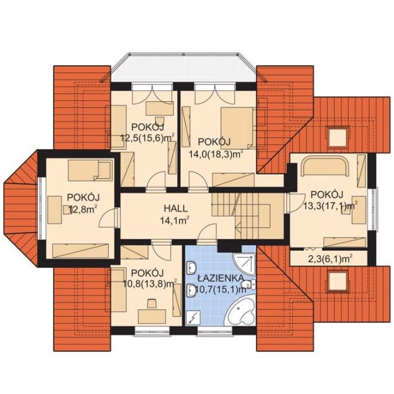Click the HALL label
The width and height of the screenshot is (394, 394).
click(176, 208)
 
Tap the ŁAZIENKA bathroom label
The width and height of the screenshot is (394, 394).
click(221, 278)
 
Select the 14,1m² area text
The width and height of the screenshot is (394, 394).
click(175, 221)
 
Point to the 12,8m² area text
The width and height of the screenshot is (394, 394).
click(83, 209)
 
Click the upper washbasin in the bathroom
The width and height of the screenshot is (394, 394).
click(191, 268)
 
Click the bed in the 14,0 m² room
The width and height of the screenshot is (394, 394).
click(237, 128)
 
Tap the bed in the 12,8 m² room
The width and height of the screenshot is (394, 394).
click(89, 170)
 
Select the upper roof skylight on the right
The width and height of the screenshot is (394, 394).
click(337, 137)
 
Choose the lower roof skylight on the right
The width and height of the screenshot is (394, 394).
click(337, 281)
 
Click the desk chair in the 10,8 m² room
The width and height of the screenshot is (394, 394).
click(152, 303)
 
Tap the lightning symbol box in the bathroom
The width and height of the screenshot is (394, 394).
click(194, 317)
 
